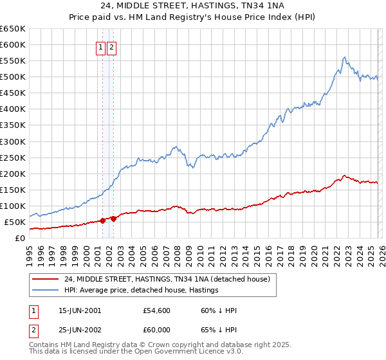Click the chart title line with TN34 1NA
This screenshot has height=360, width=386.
(193, 6)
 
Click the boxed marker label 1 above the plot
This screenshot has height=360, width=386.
(101, 46)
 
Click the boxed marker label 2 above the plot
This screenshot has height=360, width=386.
(112, 46)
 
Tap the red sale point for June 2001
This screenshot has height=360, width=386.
(102, 221)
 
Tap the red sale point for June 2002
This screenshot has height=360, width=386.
(113, 219)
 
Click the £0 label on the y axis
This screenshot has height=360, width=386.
(19, 238)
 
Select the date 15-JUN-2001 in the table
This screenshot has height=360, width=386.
(80, 310)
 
